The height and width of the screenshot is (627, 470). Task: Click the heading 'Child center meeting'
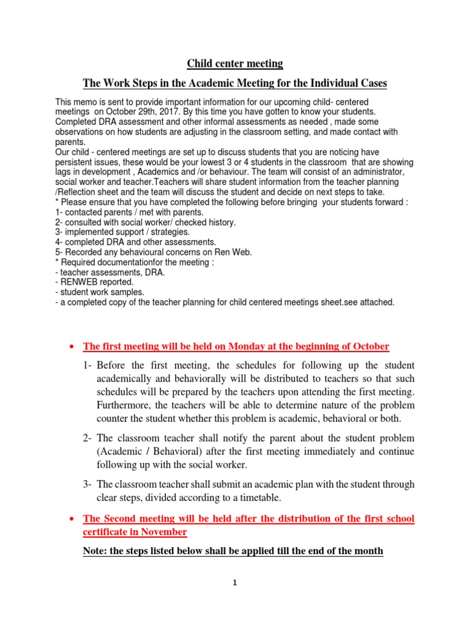(x=235, y=64)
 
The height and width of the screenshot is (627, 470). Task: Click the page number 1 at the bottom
(x=235, y=584)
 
